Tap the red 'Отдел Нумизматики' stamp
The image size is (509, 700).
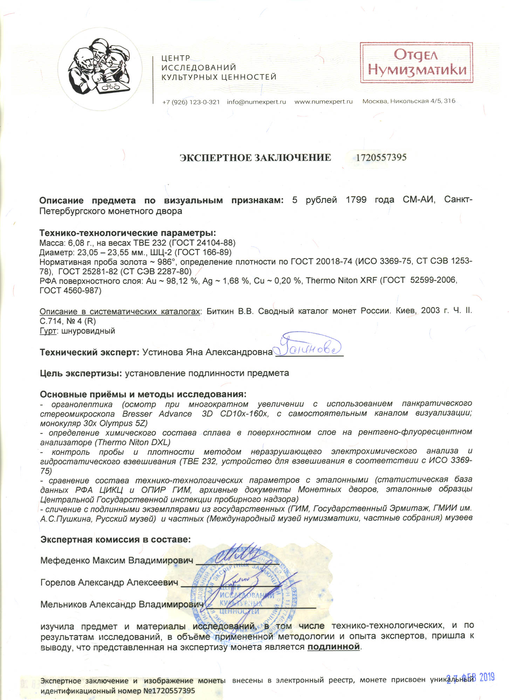click(417, 63)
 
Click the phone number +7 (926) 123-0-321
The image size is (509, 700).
click(191, 102)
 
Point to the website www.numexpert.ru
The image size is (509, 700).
click(323, 102)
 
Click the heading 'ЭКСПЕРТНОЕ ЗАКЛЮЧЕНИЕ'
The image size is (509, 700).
click(255, 158)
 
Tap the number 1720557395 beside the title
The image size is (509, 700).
click(381, 157)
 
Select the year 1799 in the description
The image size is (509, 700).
click(356, 200)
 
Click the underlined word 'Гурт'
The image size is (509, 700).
click(48, 331)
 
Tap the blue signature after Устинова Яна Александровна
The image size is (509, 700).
click(307, 346)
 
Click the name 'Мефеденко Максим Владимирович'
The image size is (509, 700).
click(117, 561)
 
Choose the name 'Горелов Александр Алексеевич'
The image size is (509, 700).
click(109, 583)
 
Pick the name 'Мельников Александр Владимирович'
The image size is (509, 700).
click(122, 604)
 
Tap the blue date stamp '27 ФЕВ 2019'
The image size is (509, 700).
click(470, 677)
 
